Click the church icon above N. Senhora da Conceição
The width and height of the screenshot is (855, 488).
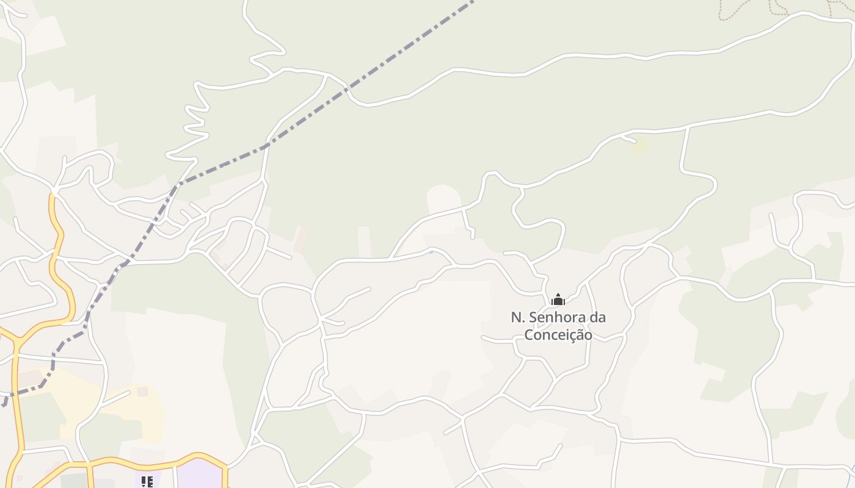(x=558, y=300)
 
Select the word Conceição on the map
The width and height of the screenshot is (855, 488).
(x=558, y=335)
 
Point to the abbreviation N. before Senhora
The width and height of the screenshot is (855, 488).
(x=518, y=317)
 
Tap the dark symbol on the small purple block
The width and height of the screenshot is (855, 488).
(x=147, y=482)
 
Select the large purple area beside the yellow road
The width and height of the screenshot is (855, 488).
(x=200, y=476)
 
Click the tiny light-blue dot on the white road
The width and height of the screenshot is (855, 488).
(x=431, y=251)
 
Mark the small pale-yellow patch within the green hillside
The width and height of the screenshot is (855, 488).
(x=639, y=146)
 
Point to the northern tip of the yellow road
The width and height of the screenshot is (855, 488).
(x=53, y=195)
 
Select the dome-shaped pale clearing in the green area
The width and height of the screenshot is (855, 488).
(x=444, y=198)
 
